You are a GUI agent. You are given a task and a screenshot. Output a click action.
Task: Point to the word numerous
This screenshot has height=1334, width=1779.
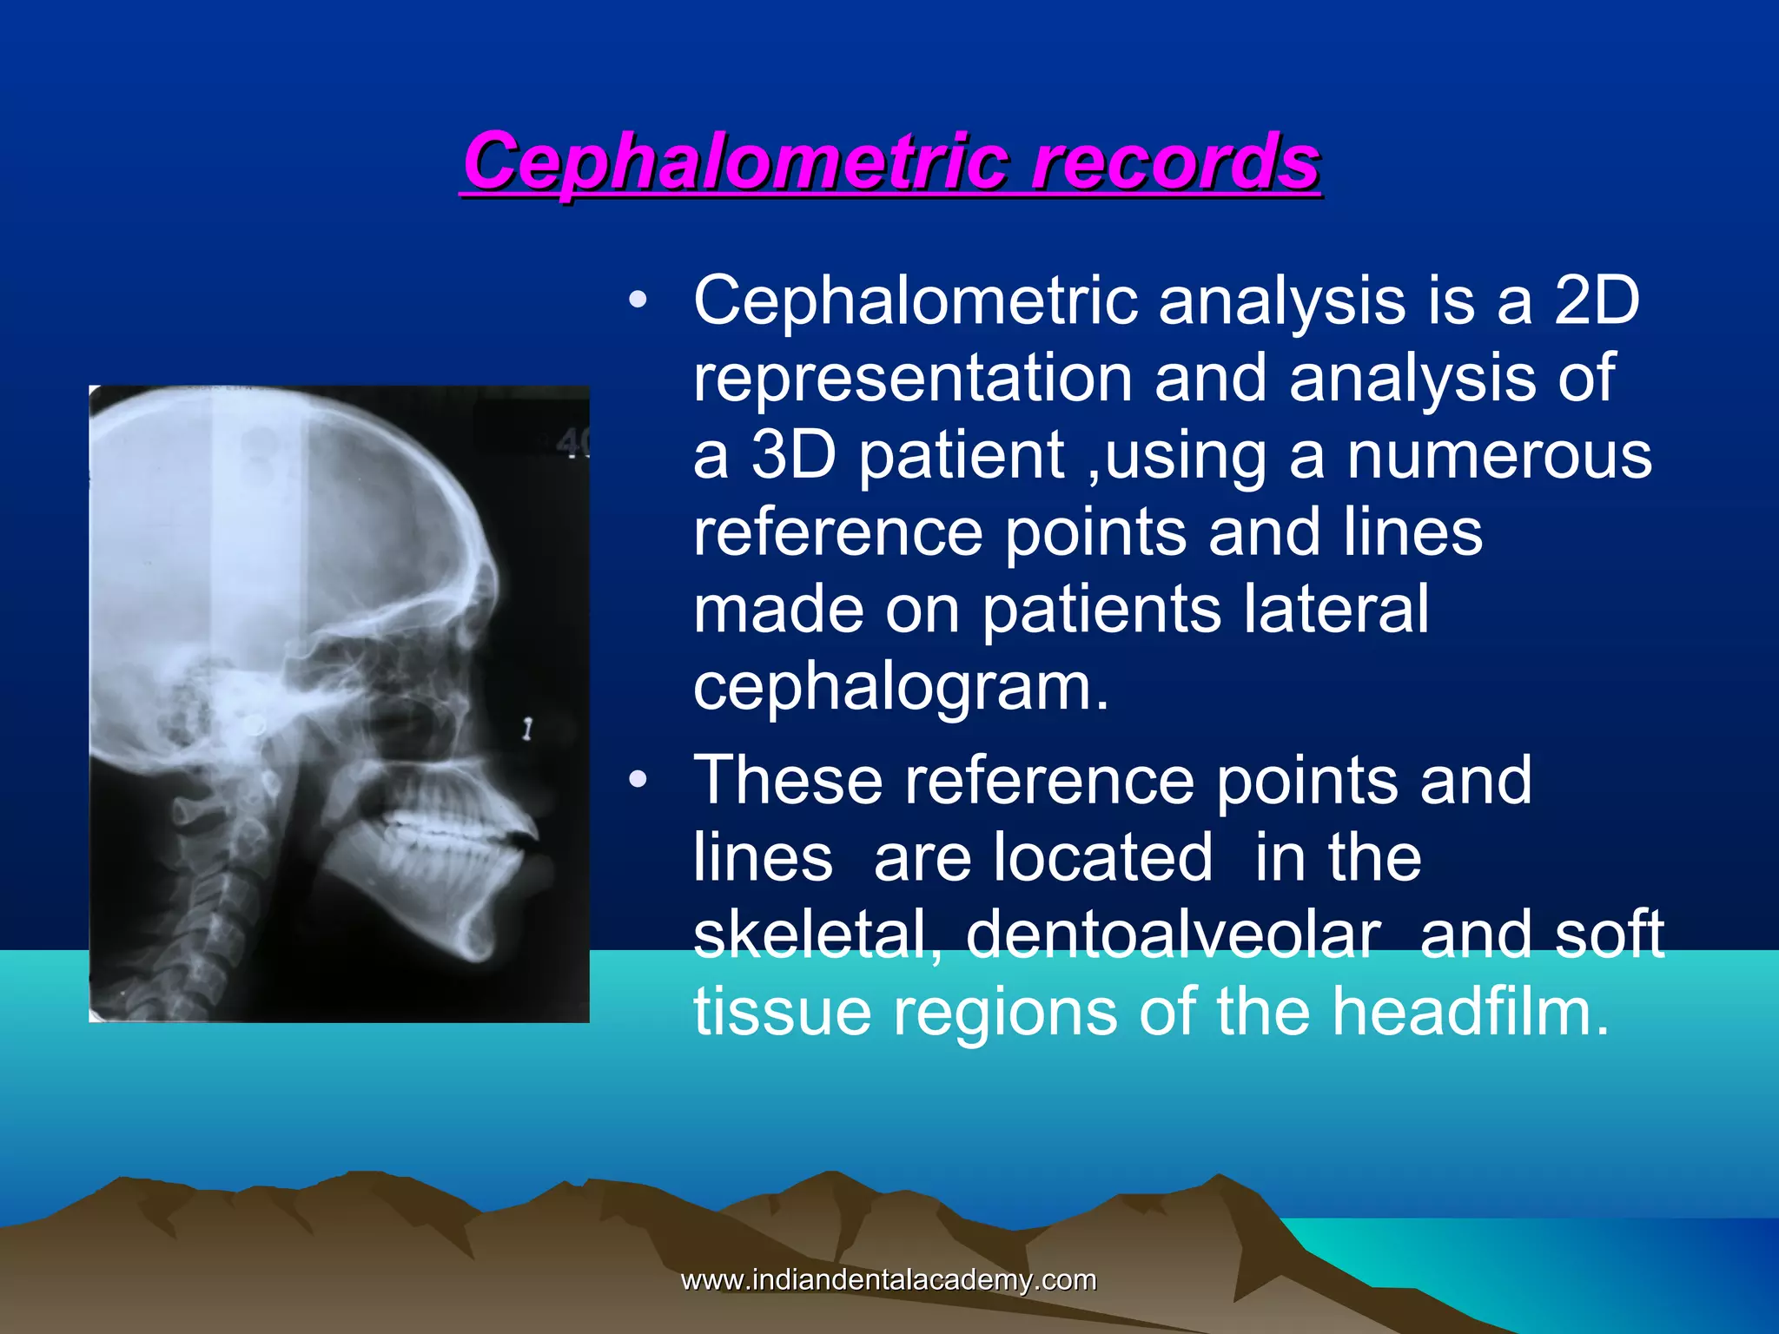(x=1498, y=455)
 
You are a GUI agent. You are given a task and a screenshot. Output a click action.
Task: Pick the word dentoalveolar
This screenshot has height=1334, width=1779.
(x=1173, y=935)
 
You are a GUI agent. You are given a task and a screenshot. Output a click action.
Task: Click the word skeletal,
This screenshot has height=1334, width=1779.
(x=817, y=935)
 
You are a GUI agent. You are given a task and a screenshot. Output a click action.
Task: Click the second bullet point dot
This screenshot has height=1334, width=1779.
(x=638, y=781)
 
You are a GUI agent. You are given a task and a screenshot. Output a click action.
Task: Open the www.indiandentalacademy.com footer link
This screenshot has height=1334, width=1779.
(x=889, y=1279)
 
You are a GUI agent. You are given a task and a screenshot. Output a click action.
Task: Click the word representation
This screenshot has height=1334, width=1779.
(x=912, y=379)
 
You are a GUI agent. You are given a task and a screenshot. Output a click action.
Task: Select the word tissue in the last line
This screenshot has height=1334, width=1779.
(x=782, y=1013)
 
